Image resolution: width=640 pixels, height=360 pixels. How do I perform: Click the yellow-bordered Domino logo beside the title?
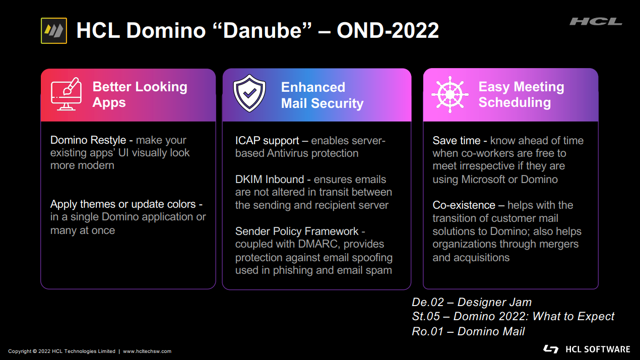point(54,31)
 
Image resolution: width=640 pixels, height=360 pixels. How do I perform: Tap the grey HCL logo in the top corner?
point(596,22)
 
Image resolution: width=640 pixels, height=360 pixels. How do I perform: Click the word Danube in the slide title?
point(262,30)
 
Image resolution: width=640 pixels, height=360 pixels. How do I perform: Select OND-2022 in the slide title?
point(388,30)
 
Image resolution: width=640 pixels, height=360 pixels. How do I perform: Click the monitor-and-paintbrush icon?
point(67,94)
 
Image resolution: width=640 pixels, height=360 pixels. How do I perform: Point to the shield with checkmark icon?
point(249,93)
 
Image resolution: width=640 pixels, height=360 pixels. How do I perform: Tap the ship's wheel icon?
point(450,94)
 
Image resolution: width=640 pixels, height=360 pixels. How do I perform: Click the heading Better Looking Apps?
point(140,94)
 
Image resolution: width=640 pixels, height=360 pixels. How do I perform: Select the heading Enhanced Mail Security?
point(322,95)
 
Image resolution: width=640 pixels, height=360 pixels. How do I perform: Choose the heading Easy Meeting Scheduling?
point(521,94)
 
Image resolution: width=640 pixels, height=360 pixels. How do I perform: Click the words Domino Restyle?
point(88,140)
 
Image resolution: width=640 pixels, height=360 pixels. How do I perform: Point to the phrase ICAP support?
point(267,140)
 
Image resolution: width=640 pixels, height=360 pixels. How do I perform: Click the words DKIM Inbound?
point(270,179)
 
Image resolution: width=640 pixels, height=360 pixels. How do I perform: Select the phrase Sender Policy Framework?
point(297,231)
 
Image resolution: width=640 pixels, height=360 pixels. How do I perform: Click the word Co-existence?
point(464,205)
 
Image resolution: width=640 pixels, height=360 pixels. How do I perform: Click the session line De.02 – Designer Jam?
point(472,302)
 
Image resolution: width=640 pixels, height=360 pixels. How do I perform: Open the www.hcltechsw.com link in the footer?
point(147,351)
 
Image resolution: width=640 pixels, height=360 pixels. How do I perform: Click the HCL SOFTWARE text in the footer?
point(598,349)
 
